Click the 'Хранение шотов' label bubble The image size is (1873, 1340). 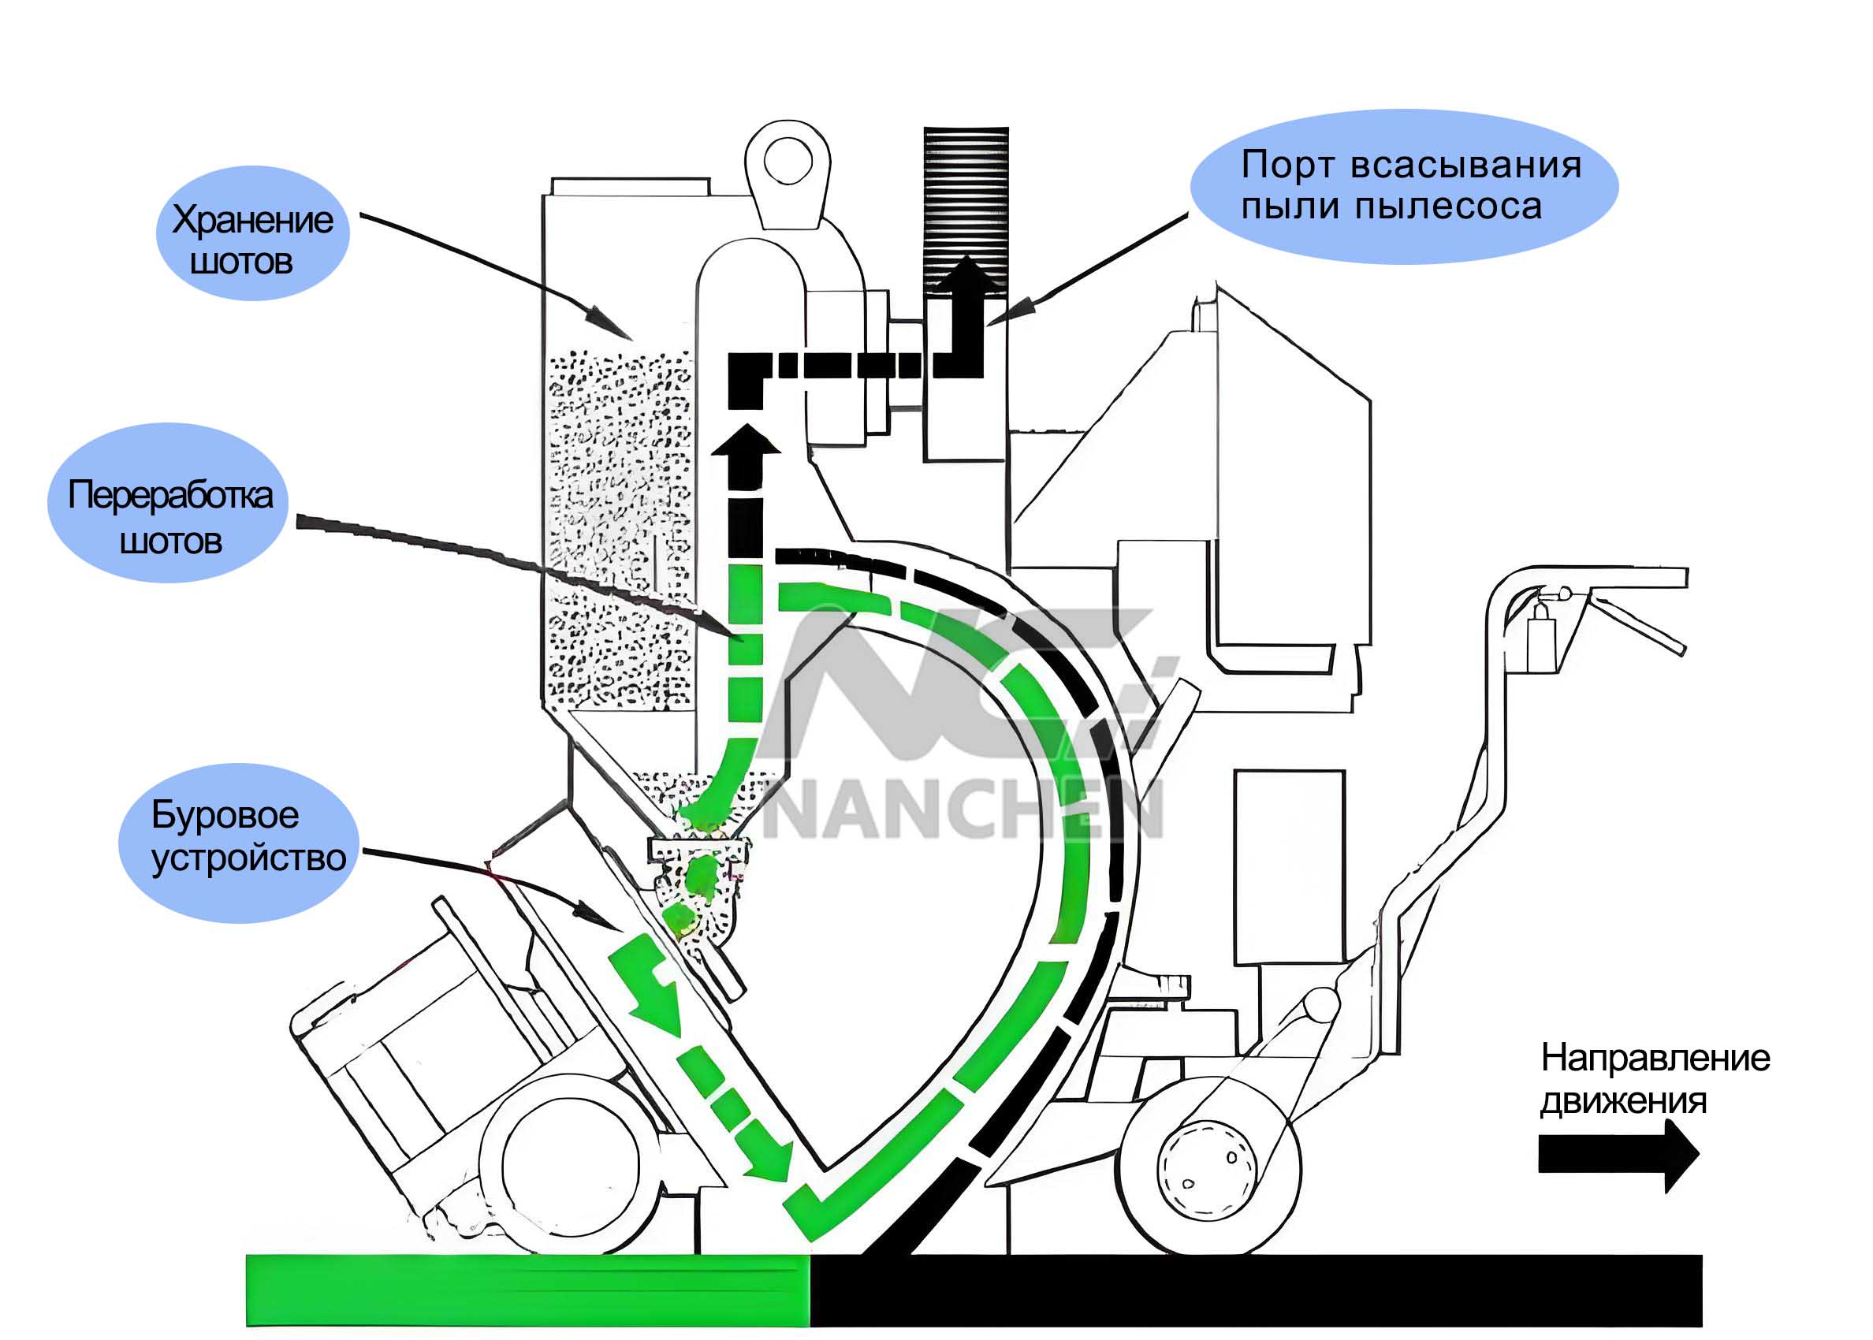pos(251,233)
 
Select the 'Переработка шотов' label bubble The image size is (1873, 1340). pos(169,504)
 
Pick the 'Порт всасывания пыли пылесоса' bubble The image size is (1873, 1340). pos(1402,187)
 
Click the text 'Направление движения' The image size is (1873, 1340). pos(1654,1079)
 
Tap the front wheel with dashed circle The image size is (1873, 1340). pos(1208,1167)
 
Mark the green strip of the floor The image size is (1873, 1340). pos(528,1290)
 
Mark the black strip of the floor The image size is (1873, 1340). pos(1254,1290)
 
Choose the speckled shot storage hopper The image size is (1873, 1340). pos(619,528)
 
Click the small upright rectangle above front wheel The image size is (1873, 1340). pos(1289,866)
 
